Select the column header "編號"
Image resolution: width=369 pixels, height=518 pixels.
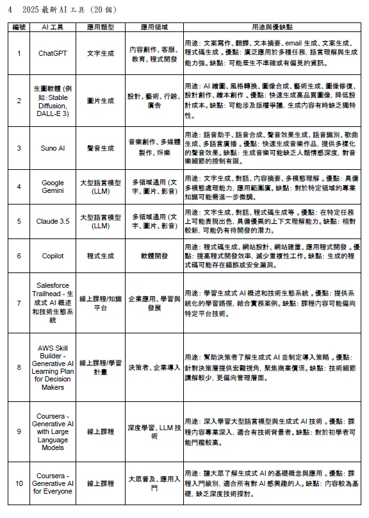19,28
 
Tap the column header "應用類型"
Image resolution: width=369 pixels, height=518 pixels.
100,28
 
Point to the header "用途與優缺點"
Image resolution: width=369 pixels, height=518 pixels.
272,28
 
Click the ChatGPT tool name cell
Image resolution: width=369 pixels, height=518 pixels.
53,53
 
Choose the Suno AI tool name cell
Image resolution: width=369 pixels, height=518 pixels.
53,147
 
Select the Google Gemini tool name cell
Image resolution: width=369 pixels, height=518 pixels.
53,187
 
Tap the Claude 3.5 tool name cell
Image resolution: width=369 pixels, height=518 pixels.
53,221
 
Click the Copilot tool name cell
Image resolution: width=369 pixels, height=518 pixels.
53,256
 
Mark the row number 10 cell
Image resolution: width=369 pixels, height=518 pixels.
19,483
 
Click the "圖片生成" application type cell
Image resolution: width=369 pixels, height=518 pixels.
100,101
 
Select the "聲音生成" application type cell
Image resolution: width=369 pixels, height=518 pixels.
100,147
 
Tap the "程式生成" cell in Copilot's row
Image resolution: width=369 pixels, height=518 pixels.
100,256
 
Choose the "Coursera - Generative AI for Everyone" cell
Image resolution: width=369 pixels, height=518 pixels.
53,483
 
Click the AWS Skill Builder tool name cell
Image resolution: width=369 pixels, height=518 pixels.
53,367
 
